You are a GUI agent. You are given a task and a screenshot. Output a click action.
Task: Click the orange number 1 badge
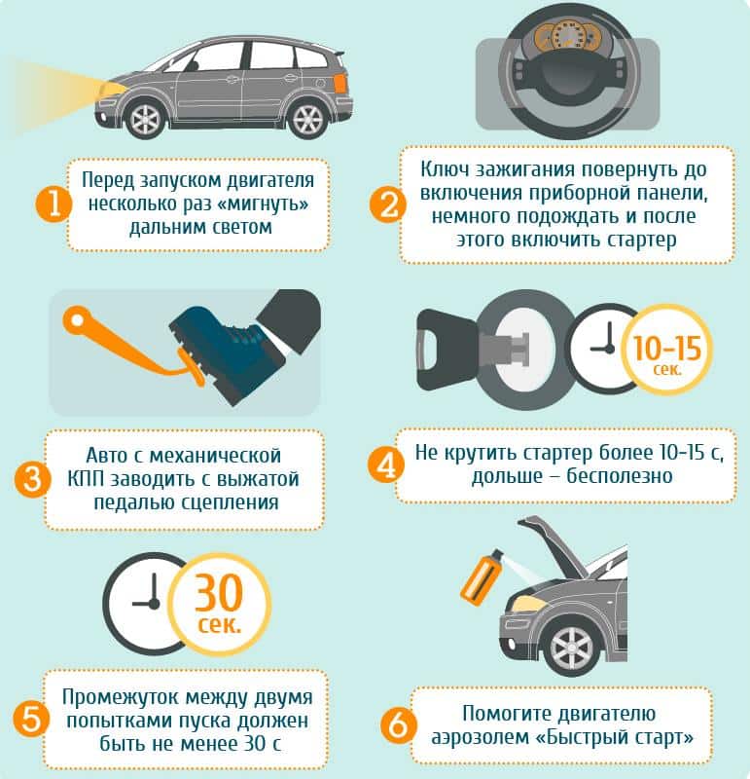pos(54,204)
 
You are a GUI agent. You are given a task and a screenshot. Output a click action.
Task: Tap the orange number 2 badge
pos(388,204)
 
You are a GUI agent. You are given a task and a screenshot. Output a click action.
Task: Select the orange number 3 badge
pos(32,479)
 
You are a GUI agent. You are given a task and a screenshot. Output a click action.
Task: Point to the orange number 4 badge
pos(385,465)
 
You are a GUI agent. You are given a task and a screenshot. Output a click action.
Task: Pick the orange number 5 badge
pos(31,719)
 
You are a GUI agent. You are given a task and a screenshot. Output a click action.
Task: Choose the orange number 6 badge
pos(398,725)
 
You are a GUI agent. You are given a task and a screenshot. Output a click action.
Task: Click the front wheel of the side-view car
pos(146,119)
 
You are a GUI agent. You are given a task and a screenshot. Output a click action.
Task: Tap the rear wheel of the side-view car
pos(307,120)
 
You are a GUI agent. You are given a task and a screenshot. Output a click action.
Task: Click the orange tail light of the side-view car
pos(340,82)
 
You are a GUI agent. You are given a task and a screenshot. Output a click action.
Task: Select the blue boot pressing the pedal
pos(227,350)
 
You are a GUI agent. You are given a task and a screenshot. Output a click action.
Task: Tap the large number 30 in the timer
pos(219,593)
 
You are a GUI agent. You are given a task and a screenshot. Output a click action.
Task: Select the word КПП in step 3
pos(86,479)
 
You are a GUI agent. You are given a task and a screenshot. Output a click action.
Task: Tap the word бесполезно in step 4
pos(620,476)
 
